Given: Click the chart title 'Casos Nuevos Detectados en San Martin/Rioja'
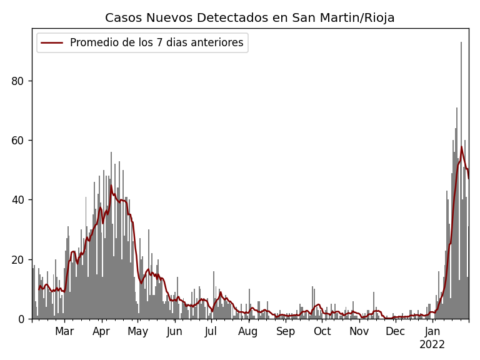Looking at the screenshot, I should coord(249,18).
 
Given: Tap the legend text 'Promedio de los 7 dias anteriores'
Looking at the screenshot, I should coord(156,43).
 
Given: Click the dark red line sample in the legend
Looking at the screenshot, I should coord(52,43).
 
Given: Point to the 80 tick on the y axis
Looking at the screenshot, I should coord(20,81).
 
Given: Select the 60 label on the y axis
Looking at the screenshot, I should coord(20,141).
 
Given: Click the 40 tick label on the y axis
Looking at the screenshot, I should coord(20,200).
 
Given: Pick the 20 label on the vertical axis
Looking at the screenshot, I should coord(20,259).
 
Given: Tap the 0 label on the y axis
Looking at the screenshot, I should coord(23,319).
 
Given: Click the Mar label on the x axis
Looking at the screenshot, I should coord(64,332).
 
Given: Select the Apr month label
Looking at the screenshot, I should coord(101,332).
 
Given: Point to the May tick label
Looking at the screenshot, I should coord(137,332).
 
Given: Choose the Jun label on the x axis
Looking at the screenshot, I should coord(174,332).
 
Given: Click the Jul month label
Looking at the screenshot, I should coord(211,332).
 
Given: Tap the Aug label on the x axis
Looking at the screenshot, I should coord(248,332).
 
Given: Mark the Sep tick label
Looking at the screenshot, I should coord(286,332).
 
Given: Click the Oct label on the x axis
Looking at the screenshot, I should coord(322,332).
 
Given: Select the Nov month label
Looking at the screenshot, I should coord(359,332).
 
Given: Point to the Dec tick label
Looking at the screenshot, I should coord(395,332).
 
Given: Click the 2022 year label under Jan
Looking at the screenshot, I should coord(432,345).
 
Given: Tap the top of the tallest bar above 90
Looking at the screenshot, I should coord(461,43).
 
